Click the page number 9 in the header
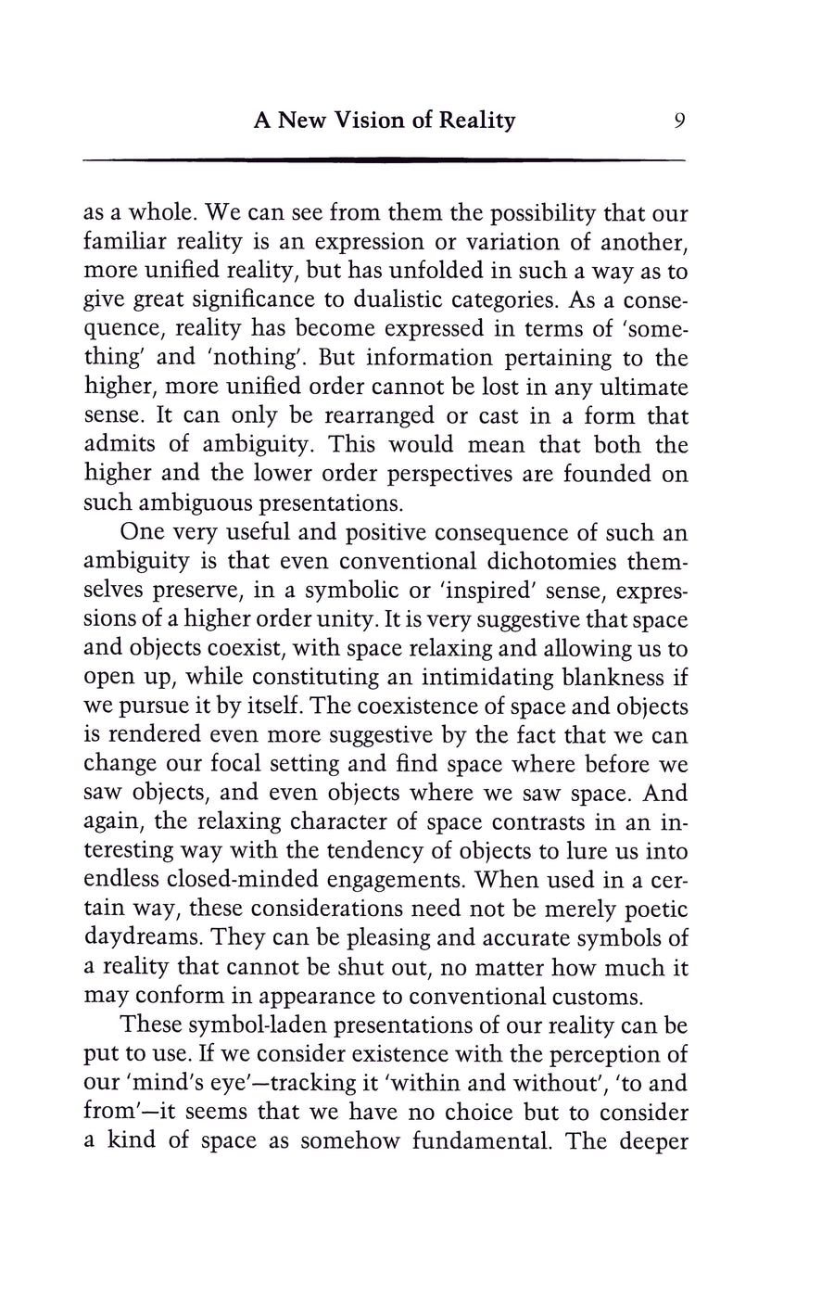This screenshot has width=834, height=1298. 679,121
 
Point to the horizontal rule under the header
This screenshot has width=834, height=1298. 384,161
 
